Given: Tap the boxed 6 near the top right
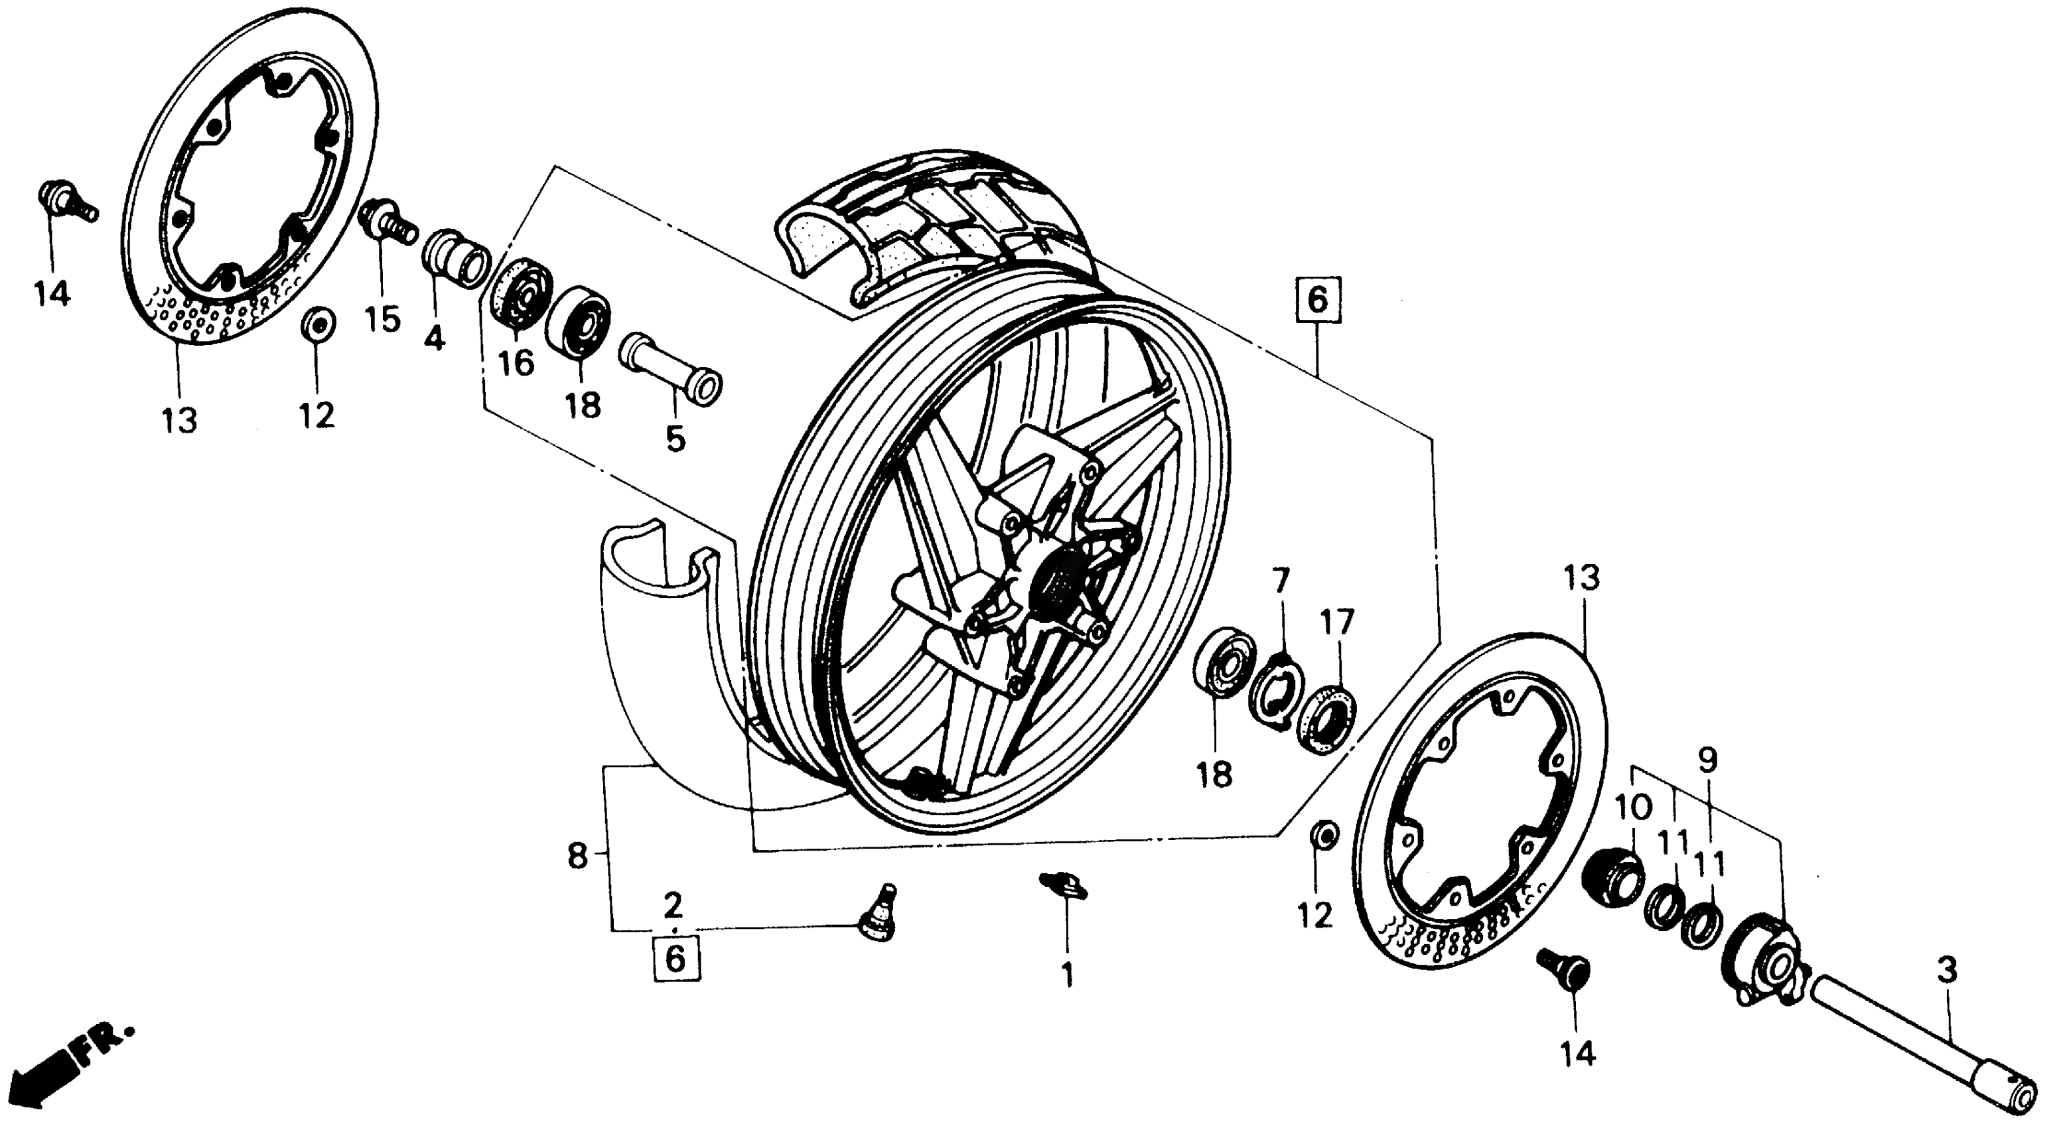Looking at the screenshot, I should pos(1318,300).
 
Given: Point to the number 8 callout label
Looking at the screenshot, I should pos(578,857).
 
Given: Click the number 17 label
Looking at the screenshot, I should pos(1338,622).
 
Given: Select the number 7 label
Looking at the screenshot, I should pos(1279,581).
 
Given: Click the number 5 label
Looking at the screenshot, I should pos(675,438).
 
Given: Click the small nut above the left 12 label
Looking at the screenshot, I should pos(318,324).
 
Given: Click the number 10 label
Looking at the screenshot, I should pos(1633,808).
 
